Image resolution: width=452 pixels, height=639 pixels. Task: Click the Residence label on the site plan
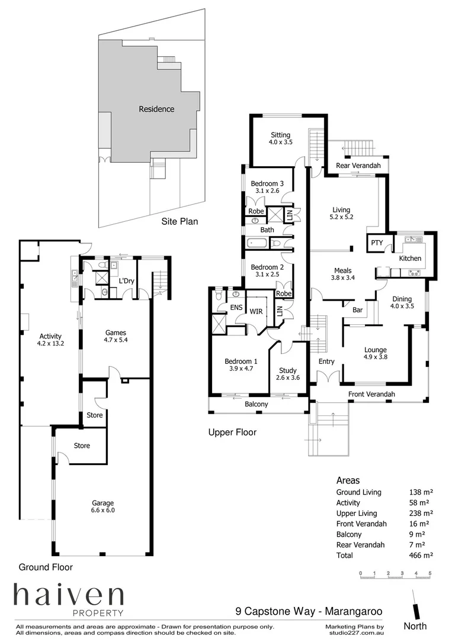click(156, 109)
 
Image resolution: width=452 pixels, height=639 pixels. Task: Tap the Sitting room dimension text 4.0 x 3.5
click(280, 142)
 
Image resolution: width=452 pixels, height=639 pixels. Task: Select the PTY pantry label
click(377, 243)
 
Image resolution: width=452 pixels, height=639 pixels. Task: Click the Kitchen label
click(410, 258)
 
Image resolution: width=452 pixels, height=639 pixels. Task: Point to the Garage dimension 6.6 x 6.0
click(103, 510)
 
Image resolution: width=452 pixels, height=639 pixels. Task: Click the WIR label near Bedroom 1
click(256, 311)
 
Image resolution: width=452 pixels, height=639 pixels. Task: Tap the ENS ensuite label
click(236, 307)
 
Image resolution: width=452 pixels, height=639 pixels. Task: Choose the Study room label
click(287, 370)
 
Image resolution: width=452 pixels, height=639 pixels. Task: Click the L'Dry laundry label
click(126, 281)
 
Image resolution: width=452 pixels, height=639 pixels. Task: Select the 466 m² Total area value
click(421, 555)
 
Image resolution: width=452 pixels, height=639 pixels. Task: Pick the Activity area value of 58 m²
click(419, 502)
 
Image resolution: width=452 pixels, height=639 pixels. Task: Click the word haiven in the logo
click(69, 595)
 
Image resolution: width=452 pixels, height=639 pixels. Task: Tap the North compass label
click(415, 626)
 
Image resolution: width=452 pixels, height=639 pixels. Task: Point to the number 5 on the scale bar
click(430, 573)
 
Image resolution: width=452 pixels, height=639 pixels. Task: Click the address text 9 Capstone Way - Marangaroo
click(309, 611)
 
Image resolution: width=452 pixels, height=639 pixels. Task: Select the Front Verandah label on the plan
click(371, 394)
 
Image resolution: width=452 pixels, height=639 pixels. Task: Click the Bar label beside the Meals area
click(357, 309)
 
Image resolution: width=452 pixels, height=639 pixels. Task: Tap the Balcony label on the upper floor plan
click(256, 404)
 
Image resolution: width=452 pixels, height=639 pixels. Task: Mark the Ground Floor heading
click(46, 567)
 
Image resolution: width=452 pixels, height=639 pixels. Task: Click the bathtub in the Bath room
click(257, 244)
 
